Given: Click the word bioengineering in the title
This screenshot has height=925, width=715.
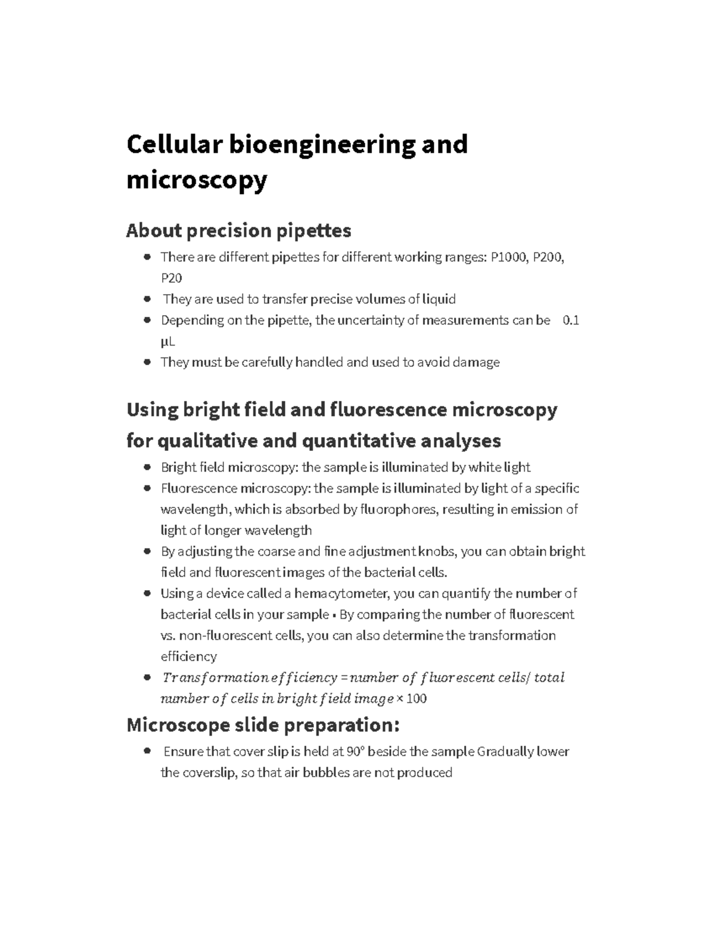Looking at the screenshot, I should [322, 145].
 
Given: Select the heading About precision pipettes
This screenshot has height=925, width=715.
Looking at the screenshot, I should [238, 230].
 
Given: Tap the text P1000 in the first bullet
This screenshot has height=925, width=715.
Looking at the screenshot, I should [508, 257].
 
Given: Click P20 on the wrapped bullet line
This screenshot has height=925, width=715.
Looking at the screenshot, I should [171, 278].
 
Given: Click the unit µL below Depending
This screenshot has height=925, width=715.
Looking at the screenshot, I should [167, 341].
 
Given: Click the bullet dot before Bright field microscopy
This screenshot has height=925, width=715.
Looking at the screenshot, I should [147, 468].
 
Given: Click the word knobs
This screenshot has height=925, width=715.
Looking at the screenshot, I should [437, 552].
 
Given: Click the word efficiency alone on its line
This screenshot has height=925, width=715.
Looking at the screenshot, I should [188, 656].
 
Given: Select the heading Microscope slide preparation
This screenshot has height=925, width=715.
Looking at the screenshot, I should [263, 725].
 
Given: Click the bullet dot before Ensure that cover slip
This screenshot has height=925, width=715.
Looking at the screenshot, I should [147, 752].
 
